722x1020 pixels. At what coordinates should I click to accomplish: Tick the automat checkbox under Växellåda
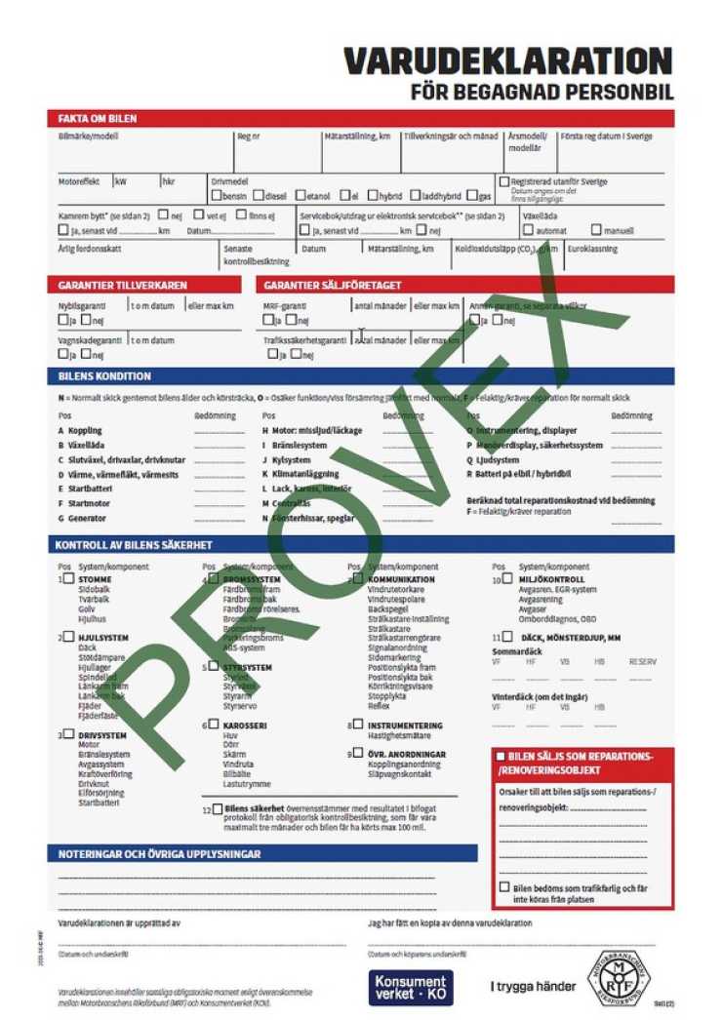[528, 231]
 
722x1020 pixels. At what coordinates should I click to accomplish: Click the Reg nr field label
[249, 137]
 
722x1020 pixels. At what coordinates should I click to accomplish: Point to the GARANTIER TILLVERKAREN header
[123, 285]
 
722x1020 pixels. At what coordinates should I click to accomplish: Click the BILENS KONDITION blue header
[104, 376]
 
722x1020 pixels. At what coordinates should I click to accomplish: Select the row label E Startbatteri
[88, 489]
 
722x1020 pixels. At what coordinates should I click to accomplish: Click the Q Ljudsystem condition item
[498, 459]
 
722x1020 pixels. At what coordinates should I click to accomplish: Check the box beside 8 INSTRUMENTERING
[358, 725]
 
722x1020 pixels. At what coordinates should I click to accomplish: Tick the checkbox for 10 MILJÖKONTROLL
[508, 579]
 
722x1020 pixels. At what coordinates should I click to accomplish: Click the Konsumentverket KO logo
[411, 987]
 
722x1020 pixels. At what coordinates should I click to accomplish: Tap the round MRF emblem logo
[619, 980]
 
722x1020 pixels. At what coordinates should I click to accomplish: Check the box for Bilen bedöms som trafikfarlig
[503, 887]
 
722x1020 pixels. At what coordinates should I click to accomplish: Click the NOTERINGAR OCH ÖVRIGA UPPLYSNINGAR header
[158, 854]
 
